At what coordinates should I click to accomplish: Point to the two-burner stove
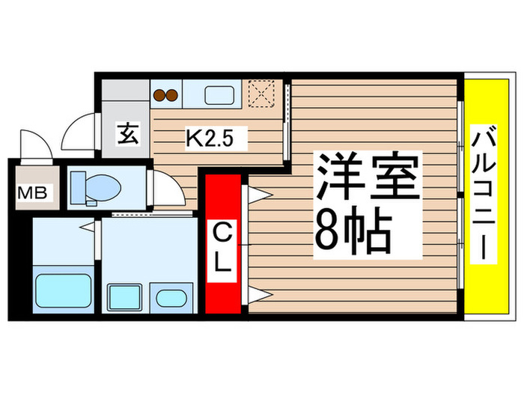click(x=168, y=95)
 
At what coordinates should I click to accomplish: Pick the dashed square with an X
click(x=261, y=94)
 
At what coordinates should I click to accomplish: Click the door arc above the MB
click(x=35, y=144)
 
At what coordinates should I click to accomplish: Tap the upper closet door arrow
click(x=256, y=195)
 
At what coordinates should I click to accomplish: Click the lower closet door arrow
click(x=256, y=293)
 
